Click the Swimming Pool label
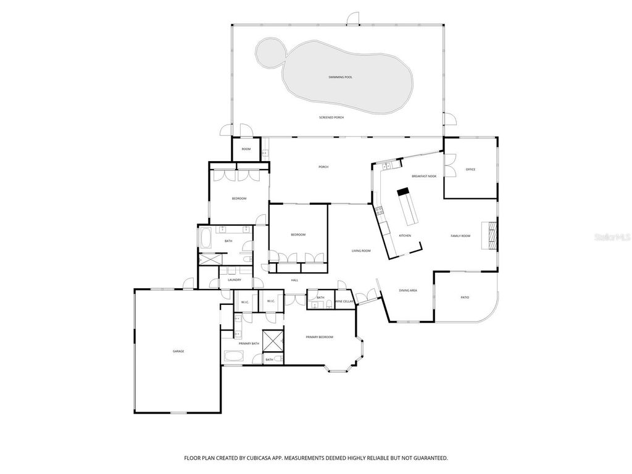(x=340, y=77)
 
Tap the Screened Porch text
(x=331, y=117)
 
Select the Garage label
(x=178, y=351)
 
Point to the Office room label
(x=470, y=169)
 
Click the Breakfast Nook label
(x=424, y=177)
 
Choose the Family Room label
(x=460, y=236)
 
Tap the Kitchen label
(x=405, y=236)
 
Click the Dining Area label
(x=408, y=290)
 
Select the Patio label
(x=465, y=297)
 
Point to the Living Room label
(x=361, y=251)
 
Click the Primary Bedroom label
(x=320, y=337)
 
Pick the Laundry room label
(x=234, y=280)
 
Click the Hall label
(x=294, y=280)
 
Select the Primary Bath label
(x=249, y=344)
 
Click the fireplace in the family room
(x=492, y=235)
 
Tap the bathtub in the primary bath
(x=233, y=356)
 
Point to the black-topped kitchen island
(x=408, y=206)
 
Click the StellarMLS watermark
(x=613, y=236)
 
